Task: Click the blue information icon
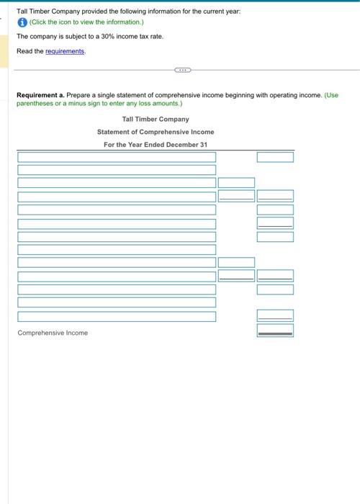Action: (23, 22)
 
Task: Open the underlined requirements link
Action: (65, 52)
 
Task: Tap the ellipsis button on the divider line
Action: (182, 70)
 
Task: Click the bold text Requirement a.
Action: (40, 94)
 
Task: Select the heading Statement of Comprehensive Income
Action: (156, 132)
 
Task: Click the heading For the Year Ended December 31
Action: (156, 145)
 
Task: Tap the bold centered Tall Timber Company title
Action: (156, 119)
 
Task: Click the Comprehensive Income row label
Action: (53, 333)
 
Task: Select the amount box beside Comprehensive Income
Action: (275, 330)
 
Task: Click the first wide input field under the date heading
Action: (117, 157)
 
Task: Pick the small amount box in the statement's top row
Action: (275, 157)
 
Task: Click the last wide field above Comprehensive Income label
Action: (117, 316)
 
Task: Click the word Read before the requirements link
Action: (25, 52)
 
